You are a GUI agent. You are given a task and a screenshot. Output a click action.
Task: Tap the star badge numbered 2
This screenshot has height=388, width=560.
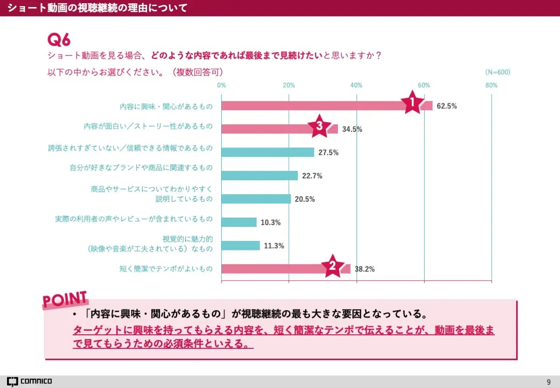click(333, 266)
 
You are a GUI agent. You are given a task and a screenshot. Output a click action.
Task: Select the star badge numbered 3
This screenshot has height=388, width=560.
click(320, 126)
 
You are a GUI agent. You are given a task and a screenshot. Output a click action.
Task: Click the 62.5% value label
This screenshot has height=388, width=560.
click(447, 106)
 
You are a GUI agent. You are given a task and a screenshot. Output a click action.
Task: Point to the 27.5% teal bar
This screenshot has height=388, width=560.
click(267, 152)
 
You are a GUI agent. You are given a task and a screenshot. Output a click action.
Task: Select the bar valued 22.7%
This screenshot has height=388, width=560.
click(259, 176)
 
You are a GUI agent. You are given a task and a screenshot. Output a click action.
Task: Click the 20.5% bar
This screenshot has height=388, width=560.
click(256, 199)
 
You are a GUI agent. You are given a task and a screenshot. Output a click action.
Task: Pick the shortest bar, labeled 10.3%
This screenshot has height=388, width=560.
click(239, 222)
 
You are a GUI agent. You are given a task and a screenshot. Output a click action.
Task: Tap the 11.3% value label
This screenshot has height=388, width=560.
click(274, 246)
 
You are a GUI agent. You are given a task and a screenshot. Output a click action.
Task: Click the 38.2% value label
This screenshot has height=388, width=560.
click(364, 269)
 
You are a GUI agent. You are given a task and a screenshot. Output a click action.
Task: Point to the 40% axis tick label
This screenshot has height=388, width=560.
click(357, 85)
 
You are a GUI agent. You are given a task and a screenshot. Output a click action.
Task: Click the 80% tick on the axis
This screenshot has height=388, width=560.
click(491, 85)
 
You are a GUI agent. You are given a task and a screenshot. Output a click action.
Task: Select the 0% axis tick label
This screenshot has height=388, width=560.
click(222, 85)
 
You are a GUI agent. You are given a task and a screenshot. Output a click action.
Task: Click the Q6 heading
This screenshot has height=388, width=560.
click(59, 40)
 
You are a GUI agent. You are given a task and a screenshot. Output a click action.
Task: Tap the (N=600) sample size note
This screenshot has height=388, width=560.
click(497, 72)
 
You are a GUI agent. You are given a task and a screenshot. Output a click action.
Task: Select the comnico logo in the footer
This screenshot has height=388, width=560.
click(29, 381)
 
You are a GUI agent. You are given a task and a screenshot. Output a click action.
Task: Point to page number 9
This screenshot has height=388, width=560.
click(548, 381)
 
